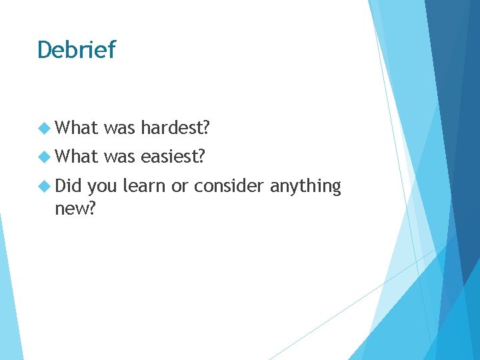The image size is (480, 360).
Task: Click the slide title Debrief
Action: point(76,49)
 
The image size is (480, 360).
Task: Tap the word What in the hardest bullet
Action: point(77,127)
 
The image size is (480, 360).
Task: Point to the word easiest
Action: point(173,157)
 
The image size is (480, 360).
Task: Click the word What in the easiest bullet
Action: point(77,157)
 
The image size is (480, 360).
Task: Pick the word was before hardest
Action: point(120,127)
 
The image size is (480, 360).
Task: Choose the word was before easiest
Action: point(120,157)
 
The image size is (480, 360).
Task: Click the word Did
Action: point(68,186)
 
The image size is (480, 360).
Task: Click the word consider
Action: point(228,186)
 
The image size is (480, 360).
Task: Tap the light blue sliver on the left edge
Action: point(8,300)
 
